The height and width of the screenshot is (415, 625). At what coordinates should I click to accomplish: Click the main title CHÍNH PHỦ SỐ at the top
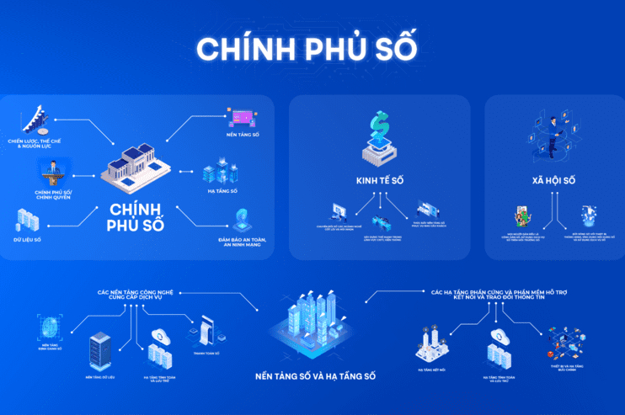[x=307, y=48]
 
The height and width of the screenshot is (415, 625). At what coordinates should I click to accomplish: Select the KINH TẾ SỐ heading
[x=379, y=180]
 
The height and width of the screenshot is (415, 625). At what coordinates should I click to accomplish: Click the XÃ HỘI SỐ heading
[x=553, y=180]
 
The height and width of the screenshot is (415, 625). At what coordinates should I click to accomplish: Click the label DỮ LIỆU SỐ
[x=27, y=240]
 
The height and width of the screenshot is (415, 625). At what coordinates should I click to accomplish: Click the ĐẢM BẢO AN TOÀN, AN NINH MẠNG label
[x=242, y=242]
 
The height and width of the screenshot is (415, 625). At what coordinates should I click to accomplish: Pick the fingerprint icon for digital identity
[x=51, y=326]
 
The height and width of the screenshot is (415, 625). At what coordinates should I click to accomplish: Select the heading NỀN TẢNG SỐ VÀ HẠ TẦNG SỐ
[x=315, y=375]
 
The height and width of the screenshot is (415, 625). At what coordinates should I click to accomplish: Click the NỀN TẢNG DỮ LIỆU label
[x=100, y=376]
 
